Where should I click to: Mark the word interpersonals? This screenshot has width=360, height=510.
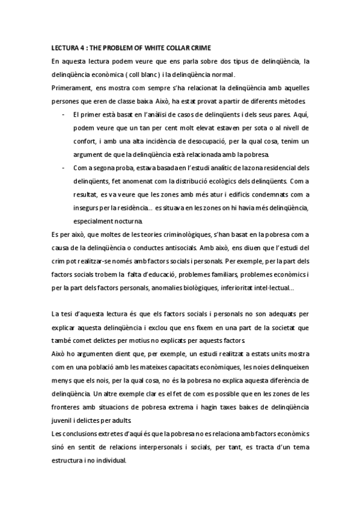pos(156,446)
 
